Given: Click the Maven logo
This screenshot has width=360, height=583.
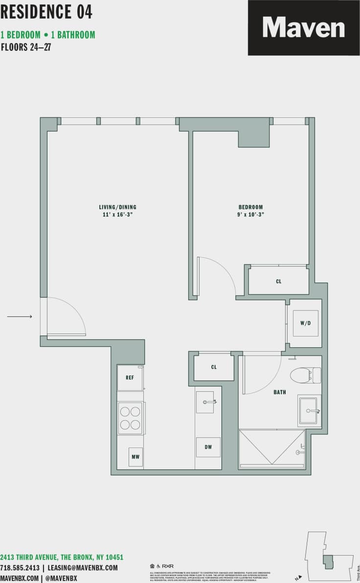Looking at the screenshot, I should pos(303,27).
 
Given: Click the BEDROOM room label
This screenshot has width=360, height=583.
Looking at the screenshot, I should pos(251,207).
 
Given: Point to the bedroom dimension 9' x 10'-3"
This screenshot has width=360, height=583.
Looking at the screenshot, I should pos(251,215).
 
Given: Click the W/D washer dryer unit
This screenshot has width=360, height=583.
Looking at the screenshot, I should pos(305,323).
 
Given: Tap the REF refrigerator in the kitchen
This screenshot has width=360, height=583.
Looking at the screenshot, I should pos(130,378).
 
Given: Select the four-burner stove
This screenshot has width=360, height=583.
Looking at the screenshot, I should pos(131,418).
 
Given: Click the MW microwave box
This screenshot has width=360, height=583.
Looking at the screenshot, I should pos(135,457).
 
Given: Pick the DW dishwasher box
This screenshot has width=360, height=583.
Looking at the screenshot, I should pos(208,447).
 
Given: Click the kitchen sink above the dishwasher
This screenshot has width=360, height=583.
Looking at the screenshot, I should pos(205,402).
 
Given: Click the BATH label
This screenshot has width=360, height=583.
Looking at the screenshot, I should pos(280,392).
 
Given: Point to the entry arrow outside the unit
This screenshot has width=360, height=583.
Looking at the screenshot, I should pos(20,317).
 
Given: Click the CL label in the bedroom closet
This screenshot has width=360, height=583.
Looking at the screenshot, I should pos(279,282).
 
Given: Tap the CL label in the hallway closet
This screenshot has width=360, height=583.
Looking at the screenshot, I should pos(214,367).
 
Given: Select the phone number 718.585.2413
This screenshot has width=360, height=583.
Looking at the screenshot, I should pos(20,568).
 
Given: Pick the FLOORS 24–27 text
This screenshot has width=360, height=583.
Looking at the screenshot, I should pos(26,48).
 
